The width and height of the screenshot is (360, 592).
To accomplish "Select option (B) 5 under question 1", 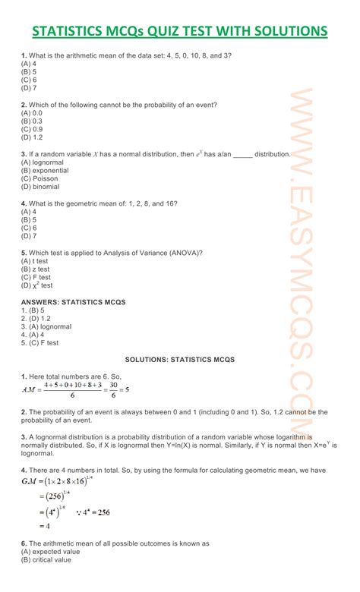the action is point(30,72).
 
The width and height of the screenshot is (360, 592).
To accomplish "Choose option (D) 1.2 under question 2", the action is point(32,137).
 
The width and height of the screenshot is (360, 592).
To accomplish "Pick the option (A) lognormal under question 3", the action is point(42,162).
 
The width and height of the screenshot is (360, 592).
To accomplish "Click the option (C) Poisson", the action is point(39,178).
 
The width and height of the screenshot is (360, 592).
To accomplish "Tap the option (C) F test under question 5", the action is point(36,277).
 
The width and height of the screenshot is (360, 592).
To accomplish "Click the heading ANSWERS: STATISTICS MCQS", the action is point(73,302).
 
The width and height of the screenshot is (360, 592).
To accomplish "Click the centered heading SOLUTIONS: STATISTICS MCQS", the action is point(180,358).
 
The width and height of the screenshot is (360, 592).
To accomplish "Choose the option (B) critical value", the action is point(46,560).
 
